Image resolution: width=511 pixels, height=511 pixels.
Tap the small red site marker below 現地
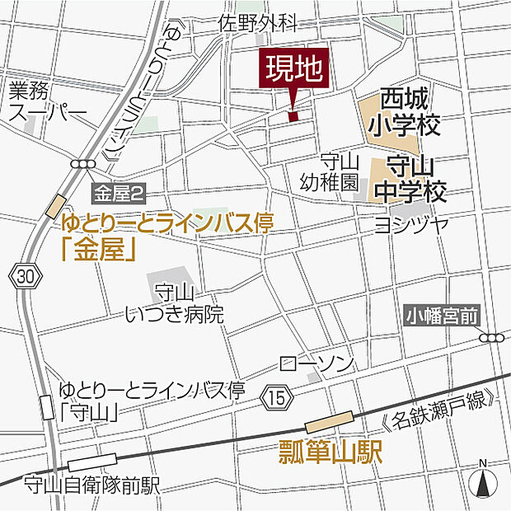point(293,115)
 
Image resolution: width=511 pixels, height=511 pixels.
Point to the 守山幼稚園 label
point(339,171)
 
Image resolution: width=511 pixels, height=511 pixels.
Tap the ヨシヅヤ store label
point(410,223)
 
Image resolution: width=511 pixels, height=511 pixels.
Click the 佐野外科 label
point(257,26)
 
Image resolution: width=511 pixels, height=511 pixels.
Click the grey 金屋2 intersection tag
point(120,195)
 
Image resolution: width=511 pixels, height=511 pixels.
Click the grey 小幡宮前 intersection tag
point(441,315)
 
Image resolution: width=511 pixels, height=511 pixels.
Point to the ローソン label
point(316,363)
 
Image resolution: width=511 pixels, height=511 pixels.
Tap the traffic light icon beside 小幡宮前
point(493,337)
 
